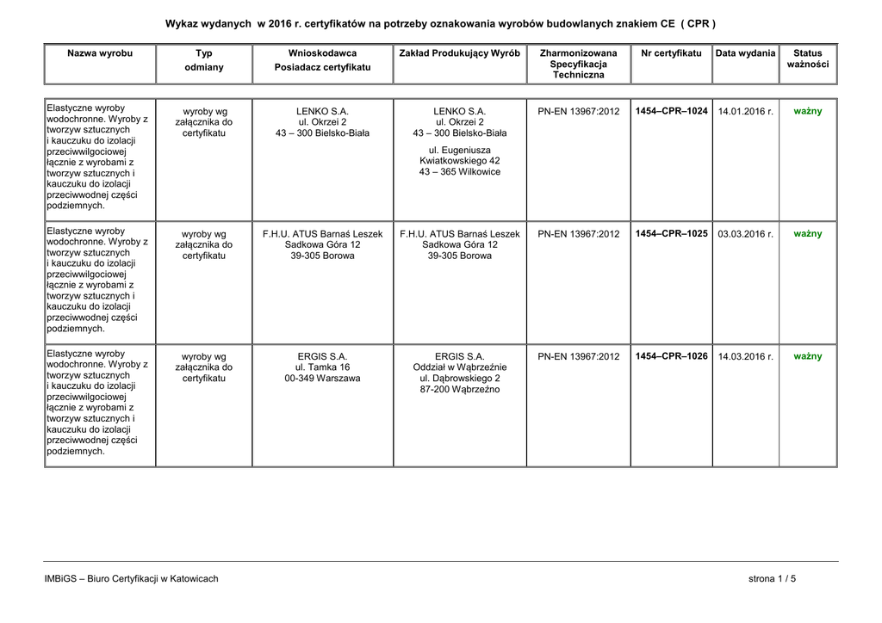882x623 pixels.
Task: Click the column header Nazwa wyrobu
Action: tap(100, 53)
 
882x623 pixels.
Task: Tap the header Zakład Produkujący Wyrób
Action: tap(460, 53)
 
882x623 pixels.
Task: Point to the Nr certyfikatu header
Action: tap(671, 53)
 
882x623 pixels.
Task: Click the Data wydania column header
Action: tap(746, 53)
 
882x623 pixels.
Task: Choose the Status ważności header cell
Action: tap(807, 59)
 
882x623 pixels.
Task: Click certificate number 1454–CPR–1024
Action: tap(671, 112)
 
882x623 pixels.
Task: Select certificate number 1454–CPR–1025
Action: tap(671, 234)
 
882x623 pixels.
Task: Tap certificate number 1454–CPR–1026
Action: tap(671, 356)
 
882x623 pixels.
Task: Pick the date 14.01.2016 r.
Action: tap(746, 112)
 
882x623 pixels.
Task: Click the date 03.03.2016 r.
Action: tap(746, 234)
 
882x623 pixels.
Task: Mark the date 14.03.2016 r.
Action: tap(746, 356)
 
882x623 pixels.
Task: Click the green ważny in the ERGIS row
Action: tap(807, 356)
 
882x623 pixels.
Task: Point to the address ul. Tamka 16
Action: tap(322, 367)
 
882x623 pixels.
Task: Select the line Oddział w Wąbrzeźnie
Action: tap(460, 367)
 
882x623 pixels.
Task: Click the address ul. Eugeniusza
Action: tap(460, 150)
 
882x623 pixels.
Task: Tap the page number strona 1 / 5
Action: tap(772, 579)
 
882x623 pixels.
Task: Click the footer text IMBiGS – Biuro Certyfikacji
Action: tap(131, 579)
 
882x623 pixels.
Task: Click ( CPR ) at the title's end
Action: tap(699, 23)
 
